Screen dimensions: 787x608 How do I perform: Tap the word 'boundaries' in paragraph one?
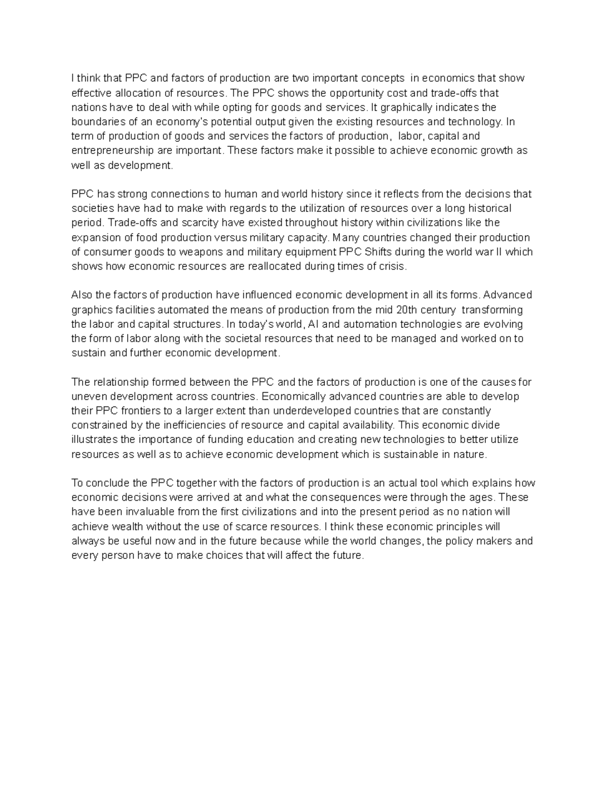click(x=94, y=122)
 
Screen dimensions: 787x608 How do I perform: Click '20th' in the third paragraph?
click(x=406, y=310)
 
